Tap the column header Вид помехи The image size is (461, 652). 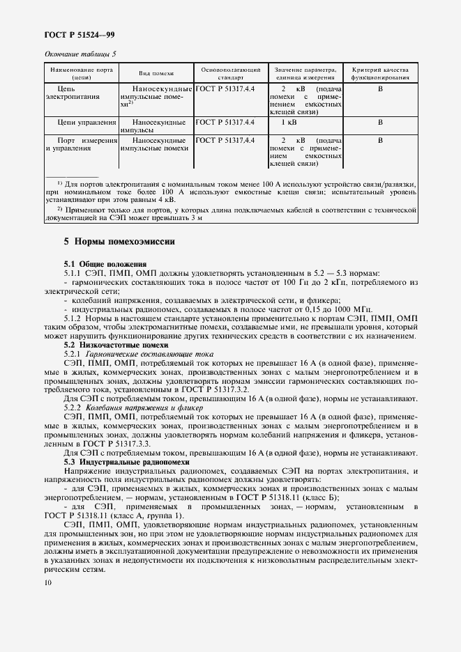point(156,73)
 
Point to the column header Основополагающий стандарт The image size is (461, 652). point(231,73)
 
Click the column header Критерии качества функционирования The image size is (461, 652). point(381,73)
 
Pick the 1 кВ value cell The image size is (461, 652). point(288,122)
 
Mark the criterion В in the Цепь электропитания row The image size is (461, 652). point(381,90)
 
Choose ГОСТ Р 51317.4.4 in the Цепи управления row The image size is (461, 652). point(225,122)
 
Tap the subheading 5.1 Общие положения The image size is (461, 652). point(105,265)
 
